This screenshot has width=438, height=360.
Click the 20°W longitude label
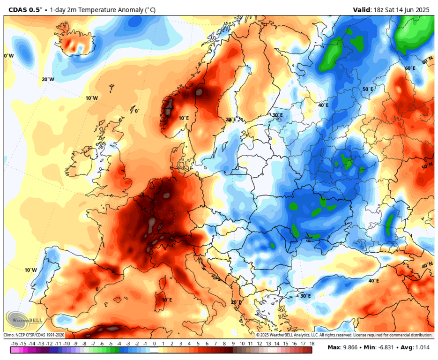(x=48, y=80)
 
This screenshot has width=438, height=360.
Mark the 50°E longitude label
(x=368, y=89)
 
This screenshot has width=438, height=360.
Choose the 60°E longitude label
(x=410, y=68)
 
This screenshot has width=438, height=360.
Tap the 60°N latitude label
(x=427, y=61)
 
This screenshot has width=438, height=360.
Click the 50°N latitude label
(x=427, y=166)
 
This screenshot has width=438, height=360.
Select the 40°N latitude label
(x=427, y=266)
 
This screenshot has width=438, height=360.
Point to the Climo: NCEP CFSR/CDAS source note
(x=34, y=335)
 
